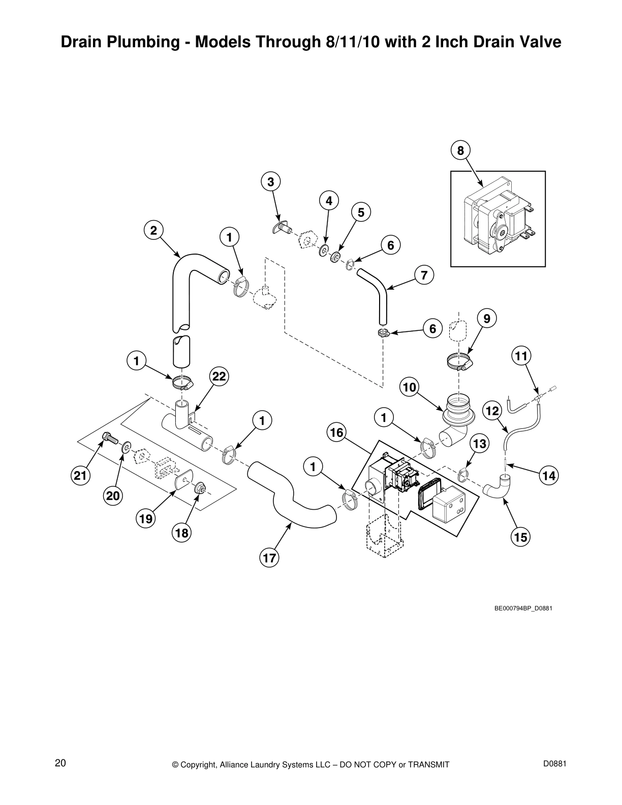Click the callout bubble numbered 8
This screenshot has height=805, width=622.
pyautogui.click(x=460, y=150)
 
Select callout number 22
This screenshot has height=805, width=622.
pyautogui.click(x=219, y=377)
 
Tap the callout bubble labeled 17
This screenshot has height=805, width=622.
pyautogui.click(x=269, y=558)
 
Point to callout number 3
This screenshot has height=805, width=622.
pyautogui.click(x=271, y=181)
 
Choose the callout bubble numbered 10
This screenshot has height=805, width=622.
pyautogui.click(x=410, y=388)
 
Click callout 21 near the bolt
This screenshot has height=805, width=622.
pyautogui.click(x=80, y=476)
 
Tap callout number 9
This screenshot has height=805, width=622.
pyautogui.click(x=487, y=319)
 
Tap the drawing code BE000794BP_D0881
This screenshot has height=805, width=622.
pyautogui.click(x=523, y=608)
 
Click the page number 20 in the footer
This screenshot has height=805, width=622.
pyautogui.click(x=60, y=763)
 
